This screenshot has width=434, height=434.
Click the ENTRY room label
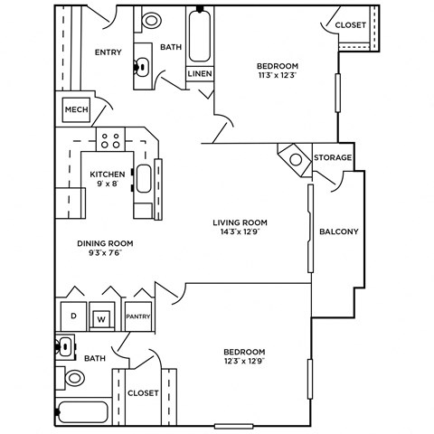click(x=108, y=52)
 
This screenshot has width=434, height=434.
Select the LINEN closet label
click(x=199, y=74)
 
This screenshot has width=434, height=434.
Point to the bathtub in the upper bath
click(x=199, y=34)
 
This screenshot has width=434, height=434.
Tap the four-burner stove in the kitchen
click(x=111, y=140)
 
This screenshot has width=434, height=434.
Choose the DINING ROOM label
click(x=106, y=242)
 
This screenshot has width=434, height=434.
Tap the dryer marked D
click(x=72, y=317)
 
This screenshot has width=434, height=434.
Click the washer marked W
click(x=102, y=318)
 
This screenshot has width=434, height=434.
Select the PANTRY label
click(x=137, y=316)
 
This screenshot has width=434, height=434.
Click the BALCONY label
click(x=339, y=231)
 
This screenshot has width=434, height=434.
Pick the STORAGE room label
click(x=332, y=157)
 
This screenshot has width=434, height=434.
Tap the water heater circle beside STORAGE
click(x=296, y=159)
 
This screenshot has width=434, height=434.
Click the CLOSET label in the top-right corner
click(x=350, y=25)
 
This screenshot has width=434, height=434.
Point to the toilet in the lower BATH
click(x=72, y=378)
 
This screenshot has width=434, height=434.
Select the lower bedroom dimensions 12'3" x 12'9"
click(x=244, y=363)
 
